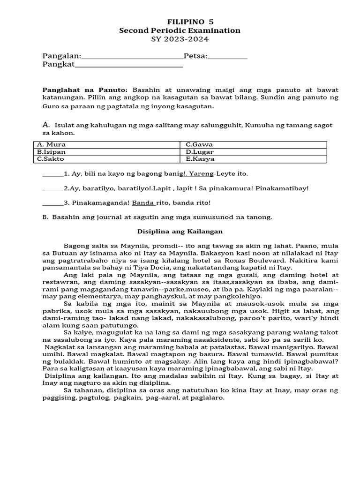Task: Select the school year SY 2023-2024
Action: click(180, 39)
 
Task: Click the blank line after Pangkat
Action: click(129, 66)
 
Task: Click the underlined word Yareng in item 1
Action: click(201, 173)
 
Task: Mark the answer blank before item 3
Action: click(52, 203)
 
